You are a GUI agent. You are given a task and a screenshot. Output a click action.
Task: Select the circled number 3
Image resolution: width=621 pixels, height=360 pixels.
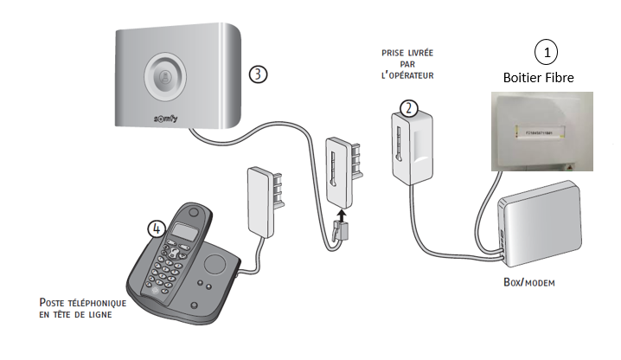tap(258, 74)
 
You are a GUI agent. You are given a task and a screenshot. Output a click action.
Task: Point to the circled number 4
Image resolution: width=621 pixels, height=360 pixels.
tap(156, 228)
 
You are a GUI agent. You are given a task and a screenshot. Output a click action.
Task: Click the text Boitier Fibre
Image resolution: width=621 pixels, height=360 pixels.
tap(545, 78)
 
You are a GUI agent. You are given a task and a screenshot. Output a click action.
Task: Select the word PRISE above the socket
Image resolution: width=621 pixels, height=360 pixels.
tap(394, 53)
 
